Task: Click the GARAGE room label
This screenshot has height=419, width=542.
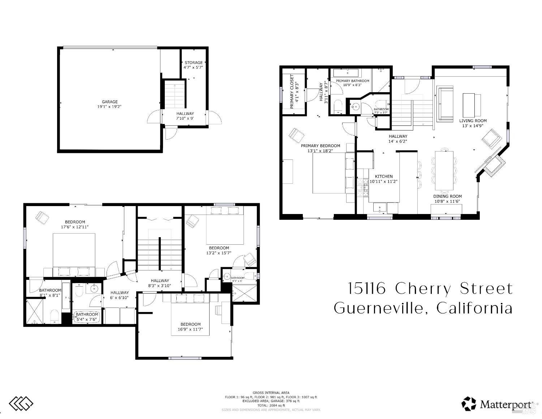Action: [x=109, y=102]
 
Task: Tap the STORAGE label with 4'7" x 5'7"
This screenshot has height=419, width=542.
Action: [x=193, y=63]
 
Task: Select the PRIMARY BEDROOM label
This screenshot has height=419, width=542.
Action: [x=321, y=146]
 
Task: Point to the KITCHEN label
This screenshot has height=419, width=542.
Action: [x=383, y=176]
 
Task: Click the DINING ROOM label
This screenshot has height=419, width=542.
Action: [x=447, y=196]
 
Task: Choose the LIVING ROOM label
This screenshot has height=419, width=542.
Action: [x=473, y=121]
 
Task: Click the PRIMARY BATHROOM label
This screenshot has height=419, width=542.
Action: [x=352, y=81]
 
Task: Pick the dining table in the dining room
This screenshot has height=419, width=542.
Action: [x=444, y=170]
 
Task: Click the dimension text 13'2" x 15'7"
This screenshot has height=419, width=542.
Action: [x=219, y=253]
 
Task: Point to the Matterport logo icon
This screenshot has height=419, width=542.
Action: [x=469, y=403]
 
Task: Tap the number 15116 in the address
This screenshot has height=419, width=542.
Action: [x=367, y=288]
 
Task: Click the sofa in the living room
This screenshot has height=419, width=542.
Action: [x=444, y=103]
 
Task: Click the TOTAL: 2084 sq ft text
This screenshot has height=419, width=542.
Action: [x=271, y=406]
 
